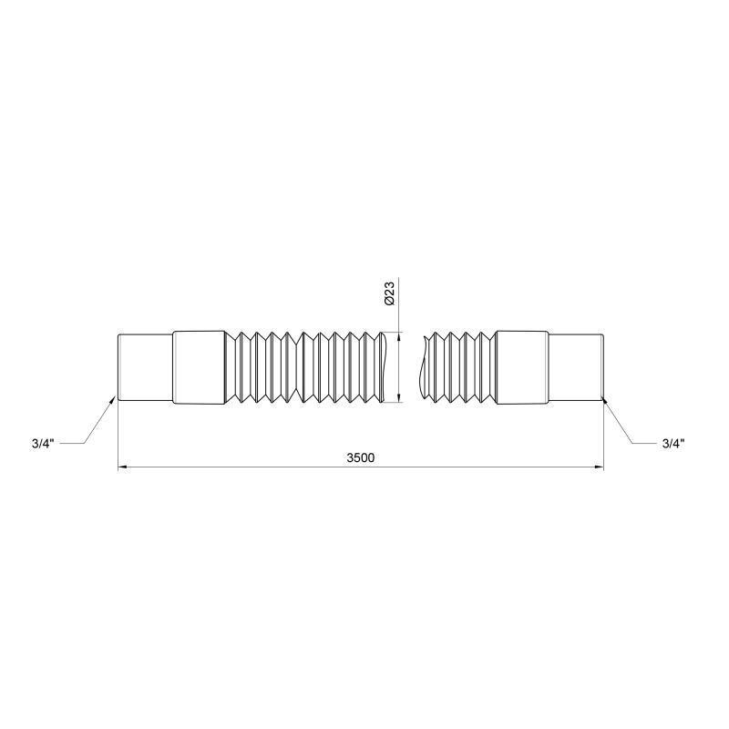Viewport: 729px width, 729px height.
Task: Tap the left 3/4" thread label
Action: pyautogui.click(x=43, y=444)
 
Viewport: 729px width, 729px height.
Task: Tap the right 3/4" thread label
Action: pyautogui.click(x=673, y=444)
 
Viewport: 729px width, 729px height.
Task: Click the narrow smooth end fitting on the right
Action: pyautogui.click(x=576, y=367)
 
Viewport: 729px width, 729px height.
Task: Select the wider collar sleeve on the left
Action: pyautogui.click(x=199, y=367)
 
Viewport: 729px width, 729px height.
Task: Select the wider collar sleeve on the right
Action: pyautogui.click(x=522, y=367)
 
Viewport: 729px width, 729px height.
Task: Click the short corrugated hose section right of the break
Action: pyautogui.click(x=460, y=367)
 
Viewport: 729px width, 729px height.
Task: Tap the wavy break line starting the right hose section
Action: pyautogui.click(x=424, y=367)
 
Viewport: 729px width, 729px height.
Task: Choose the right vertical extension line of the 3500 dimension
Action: pyautogui.click(x=604, y=437)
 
